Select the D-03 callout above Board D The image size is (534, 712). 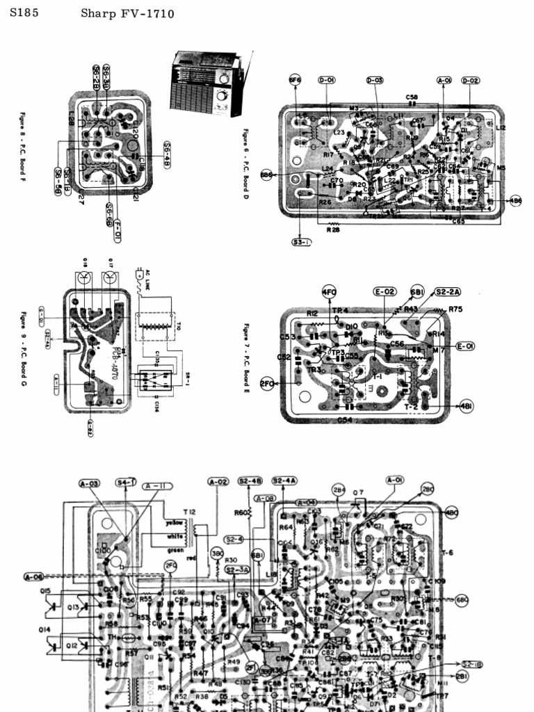tap(375, 81)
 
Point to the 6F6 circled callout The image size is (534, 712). tap(295, 81)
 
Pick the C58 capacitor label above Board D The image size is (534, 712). tap(412, 97)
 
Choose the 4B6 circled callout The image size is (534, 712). tap(515, 200)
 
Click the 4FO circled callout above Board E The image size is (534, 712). tap(329, 291)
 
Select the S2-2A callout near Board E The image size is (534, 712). tap(450, 291)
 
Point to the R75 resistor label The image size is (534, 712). tap(456, 309)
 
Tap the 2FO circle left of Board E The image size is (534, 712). tap(268, 383)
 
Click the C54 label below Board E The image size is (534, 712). tap(345, 420)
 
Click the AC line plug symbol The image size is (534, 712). tap(140, 273)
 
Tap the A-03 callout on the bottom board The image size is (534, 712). tap(90, 483)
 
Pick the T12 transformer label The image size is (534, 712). tap(189, 512)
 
